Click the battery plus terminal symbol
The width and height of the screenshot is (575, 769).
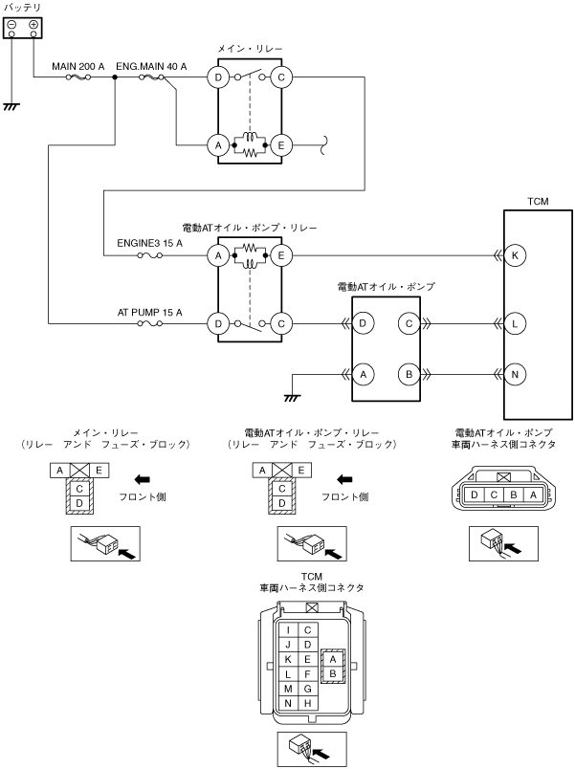tap(33, 25)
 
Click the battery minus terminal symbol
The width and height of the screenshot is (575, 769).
tap(12, 25)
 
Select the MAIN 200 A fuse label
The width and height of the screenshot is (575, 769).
tap(78, 66)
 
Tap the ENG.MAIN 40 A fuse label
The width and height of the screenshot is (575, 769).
tap(151, 66)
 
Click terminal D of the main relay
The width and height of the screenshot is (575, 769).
tap(218, 77)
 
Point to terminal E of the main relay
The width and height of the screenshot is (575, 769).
tap(281, 145)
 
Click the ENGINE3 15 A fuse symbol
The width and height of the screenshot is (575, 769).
tap(149, 255)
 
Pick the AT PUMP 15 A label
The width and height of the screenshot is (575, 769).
tap(149, 313)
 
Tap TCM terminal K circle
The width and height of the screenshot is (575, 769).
tap(515, 255)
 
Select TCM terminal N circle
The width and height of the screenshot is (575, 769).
tap(515, 375)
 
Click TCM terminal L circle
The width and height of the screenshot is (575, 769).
tap(515, 323)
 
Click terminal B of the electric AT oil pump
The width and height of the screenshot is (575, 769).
tap(409, 375)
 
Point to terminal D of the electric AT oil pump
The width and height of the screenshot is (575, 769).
tap(363, 323)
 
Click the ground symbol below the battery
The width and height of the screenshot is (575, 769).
tap(11, 106)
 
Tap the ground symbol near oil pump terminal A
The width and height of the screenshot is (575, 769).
tap(292, 398)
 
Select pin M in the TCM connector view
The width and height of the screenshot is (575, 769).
tap(288, 689)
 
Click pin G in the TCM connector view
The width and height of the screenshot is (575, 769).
tap(308, 689)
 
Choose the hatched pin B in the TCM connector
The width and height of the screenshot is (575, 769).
tap(333, 674)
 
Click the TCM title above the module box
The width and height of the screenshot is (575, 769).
tap(538, 201)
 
